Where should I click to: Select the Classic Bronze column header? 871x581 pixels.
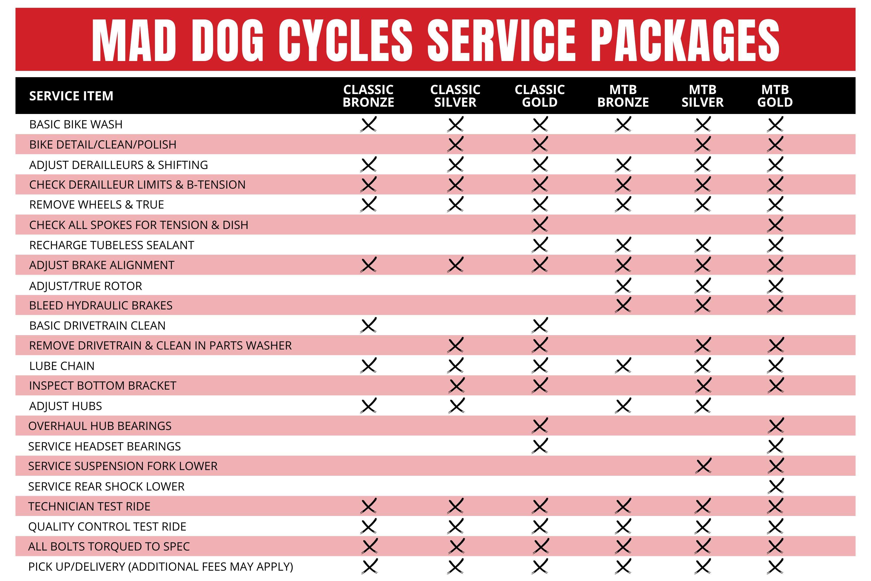(x=368, y=96)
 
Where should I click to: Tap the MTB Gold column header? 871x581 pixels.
(x=775, y=96)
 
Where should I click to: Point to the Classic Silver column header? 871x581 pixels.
(x=455, y=96)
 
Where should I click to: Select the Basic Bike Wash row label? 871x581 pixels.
(x=76, y=124)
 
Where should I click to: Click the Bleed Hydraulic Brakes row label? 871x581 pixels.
(x=101, y=305)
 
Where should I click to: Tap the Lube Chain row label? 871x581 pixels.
(x=62, y=366)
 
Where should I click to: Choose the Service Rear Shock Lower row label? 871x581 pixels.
(x=106, y=486)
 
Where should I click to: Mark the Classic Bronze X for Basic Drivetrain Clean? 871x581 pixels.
(x=368, y=325)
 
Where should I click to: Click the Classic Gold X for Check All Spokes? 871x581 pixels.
(x=540, y=224)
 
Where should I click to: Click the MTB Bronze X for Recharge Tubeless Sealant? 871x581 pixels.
(x=623, y=245)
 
